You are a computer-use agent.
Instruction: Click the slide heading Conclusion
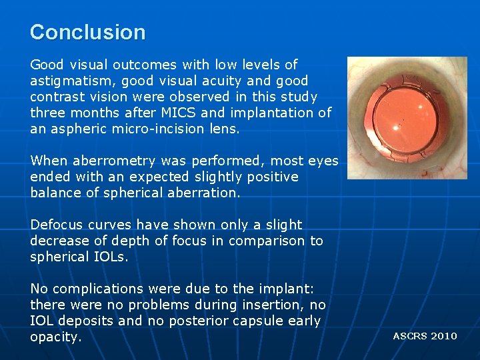pyautogui.click(x=87, y=32)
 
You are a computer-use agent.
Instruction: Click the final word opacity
pyautogui.click(x=55, y=337)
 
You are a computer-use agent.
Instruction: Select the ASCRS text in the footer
pyautogui.click(x=410, y=336)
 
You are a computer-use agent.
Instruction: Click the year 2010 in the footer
pyautogui.click(x=444, y=336)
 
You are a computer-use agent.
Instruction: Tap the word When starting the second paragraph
pyautogui.click(x=49, y=161)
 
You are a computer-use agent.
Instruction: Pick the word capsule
pyautogui.click(x=257, y=321)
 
